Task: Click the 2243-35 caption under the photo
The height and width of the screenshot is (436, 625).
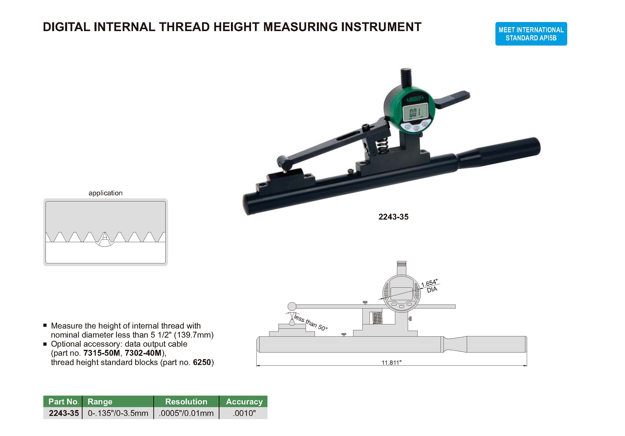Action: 393,217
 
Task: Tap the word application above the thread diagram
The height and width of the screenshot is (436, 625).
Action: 105,193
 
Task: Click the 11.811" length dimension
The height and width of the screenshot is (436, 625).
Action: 391,363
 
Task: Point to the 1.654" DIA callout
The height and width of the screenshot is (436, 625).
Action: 430,286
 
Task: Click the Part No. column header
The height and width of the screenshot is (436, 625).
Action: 64,401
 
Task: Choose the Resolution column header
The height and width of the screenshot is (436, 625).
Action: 186,401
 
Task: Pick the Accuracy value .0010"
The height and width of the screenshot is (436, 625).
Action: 244,413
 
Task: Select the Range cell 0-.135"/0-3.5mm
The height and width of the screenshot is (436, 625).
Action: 118,413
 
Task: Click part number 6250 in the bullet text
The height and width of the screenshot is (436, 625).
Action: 202,362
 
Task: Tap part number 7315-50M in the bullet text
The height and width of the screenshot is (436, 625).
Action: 102,353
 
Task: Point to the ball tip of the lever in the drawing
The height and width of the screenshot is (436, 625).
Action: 292,306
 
